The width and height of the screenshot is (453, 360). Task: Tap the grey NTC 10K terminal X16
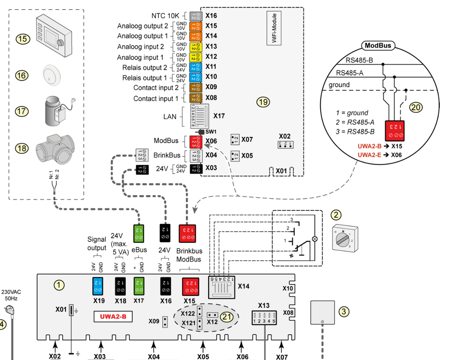coord(196,16)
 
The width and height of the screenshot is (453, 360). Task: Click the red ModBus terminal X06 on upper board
coord(196,142)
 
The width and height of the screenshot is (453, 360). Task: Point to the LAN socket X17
coord(200,116)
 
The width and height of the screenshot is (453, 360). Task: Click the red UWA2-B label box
coord(113,316)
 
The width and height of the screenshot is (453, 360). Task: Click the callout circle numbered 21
coord(227,317)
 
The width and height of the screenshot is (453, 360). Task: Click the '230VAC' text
coord(11,292)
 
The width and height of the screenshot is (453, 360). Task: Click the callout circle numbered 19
coord(263,102)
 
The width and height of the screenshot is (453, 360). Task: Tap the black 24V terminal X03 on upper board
coord(196,169)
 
